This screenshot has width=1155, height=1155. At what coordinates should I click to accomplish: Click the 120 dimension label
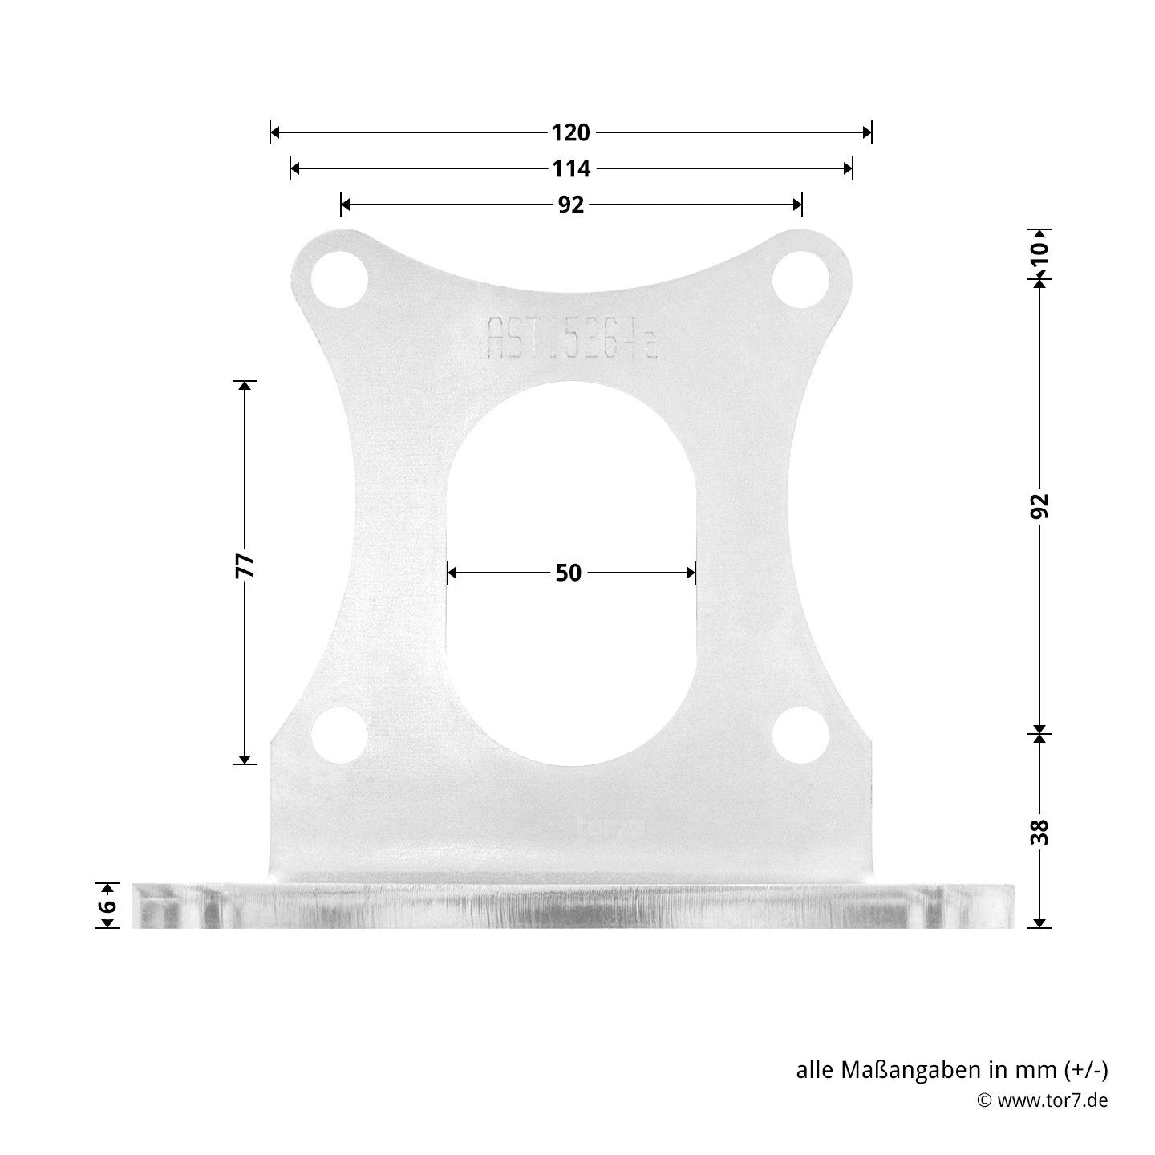point(570,132)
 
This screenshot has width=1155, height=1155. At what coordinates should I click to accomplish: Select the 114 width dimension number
point(570,169)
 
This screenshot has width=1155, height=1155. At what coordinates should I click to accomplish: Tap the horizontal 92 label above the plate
point(570,205)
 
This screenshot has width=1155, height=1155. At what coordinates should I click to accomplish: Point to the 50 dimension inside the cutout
point(568,573)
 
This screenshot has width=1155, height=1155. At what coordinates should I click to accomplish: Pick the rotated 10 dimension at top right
point(1039,253)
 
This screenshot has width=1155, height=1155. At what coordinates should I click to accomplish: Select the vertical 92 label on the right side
point(1039,505)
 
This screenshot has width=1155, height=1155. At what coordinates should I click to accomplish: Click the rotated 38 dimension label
point(1039,832)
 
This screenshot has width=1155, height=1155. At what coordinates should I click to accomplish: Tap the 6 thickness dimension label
point(108,906)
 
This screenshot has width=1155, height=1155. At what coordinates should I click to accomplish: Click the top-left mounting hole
point(339,280)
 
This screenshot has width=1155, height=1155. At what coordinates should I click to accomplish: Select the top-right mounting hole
point(800,280)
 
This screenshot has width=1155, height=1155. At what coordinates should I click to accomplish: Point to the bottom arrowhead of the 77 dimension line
point(245,758)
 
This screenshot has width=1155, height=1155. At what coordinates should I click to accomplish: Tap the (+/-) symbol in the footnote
point(1086,1070)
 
